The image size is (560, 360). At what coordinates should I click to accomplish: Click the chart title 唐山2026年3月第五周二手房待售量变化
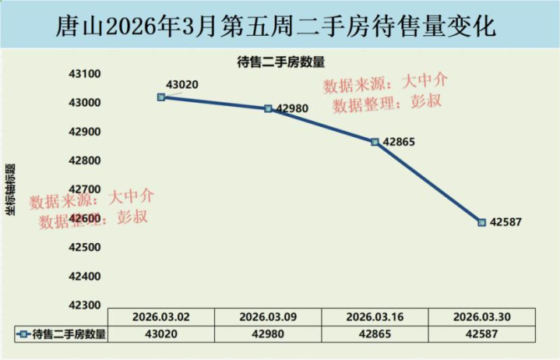pos(280,27)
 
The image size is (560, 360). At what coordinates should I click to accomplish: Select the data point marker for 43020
pos(161,97)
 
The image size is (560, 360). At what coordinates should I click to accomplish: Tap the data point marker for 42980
pos(268,109)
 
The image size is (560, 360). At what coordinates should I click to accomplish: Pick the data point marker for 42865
pos(375,142)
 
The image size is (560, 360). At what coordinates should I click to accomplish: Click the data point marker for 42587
pos(482,222)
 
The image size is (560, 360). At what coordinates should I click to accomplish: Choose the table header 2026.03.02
pos(160,317)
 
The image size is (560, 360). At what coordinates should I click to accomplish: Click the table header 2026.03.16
pos(375,317)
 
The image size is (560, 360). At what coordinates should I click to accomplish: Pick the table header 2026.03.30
pos(482,317)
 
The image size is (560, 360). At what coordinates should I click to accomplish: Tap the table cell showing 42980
pos(268,334)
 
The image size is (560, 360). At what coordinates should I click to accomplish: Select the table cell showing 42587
pos(482,334)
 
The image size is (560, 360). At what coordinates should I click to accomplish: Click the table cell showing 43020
pos(160,334)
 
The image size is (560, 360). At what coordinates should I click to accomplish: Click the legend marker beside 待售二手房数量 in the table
pos(23,334)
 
